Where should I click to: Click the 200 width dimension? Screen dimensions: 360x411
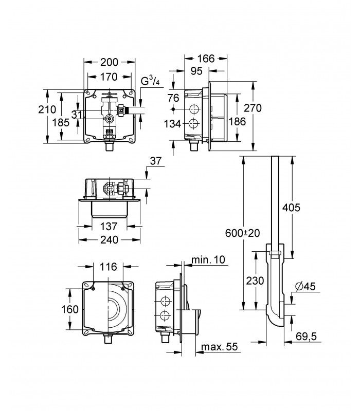tap(110, 62)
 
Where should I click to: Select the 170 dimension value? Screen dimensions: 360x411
tap(109, 77)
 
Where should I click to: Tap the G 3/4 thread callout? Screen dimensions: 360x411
tap(150, 81)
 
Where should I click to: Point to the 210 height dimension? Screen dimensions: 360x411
tap(47, 109)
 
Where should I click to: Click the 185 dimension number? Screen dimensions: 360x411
tap(61, 122)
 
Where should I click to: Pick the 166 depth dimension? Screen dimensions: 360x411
tap(206, 59)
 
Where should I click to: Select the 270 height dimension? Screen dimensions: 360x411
tap(253, 108)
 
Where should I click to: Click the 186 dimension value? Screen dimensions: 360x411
tap(237, 121)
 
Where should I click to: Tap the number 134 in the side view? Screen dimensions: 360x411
tap(172, 124)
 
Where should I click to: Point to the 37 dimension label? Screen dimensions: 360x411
tap(156, 161)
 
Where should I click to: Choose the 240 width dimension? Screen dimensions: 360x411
tap(110, 239)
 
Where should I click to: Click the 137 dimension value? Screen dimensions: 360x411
tap(109, 226)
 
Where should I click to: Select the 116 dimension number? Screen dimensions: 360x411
tap(108, 267)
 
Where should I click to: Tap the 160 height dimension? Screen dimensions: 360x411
tap(70, 309)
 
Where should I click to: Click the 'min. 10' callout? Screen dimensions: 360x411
tap(208, 260)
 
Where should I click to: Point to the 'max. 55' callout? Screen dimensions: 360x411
tap(220, 347)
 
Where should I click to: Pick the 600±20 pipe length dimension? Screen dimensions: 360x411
tap(242, 233)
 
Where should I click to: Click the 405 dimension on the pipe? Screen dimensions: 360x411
tap(291, 208)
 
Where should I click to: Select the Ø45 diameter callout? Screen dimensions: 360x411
tap(305, 286)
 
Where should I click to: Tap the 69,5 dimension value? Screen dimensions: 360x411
tap(306, 336)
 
